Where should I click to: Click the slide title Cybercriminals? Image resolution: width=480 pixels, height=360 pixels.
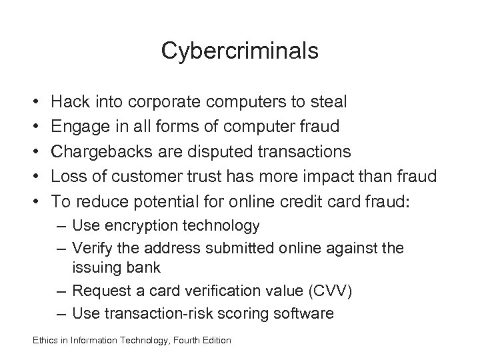tap(240, 51)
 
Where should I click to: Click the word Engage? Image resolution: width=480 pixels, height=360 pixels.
tap(78, 127)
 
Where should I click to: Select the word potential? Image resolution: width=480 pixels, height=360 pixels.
tap(158, 201)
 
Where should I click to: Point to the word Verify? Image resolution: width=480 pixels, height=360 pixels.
tap(93, 248)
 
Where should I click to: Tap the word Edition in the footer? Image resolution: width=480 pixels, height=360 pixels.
tap(214, 341)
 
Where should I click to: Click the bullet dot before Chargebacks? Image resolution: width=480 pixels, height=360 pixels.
tap(33, 152)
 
